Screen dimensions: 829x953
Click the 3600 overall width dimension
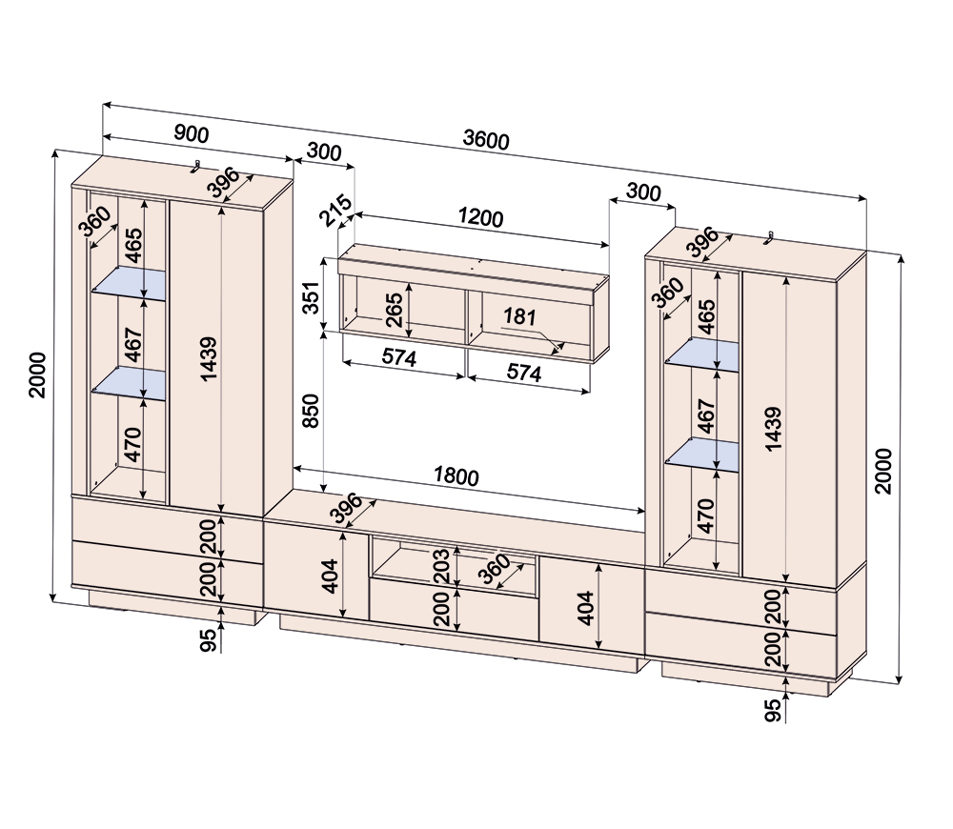click(x=486, y=139)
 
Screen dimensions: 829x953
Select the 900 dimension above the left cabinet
click(x=192, y=134)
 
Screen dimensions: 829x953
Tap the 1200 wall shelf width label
click(x=479, y=217)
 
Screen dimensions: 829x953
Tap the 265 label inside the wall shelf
click(x=395, y=309)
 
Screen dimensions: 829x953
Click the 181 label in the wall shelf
click(x=519, y=317)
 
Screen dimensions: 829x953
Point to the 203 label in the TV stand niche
click(x=440, y=564)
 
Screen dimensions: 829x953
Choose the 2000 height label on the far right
click(x=883, y=470)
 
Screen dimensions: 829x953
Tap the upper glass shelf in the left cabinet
click(x=129, y=283)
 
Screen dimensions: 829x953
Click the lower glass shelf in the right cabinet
click(x=703, y=455)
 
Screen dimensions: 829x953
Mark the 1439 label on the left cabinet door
click(x=209, y=358)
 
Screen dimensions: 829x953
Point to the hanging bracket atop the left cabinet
click(x=195, y=167)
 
